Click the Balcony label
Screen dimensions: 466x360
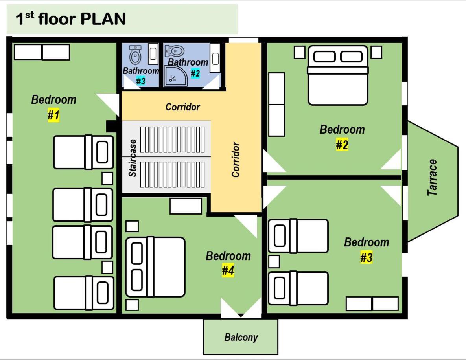[x=241, y=338]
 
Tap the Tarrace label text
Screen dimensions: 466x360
[x=433, y=178]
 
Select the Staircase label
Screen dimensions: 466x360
[x=133, y=158]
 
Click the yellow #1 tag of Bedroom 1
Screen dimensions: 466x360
[x=53, y=115]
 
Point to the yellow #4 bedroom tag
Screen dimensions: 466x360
[x=228, y=270]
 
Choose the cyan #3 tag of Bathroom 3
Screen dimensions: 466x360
[x=140, y=81]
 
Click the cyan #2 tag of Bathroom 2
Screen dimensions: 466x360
[x=195, y=73]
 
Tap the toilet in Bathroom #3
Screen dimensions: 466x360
[x=136, y=54]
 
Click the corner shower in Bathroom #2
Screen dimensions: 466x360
[x=175, y=76]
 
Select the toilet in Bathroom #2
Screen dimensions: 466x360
[x=175, y=51]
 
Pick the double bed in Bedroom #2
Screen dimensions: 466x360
[x=338, y=75]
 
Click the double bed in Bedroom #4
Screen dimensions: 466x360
[x=155, y=267]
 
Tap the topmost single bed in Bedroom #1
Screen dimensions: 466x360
[x=83, y=152]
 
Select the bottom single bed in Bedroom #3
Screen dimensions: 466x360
[x=298, y=288]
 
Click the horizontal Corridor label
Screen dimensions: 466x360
[x=183, y=107]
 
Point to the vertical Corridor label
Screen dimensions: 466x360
[x=236, y=160]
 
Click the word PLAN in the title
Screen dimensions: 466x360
[x=103, y=19]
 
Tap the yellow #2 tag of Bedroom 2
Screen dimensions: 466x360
[x=342, y=145]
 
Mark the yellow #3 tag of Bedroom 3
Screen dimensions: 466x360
[x=367, y=257]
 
